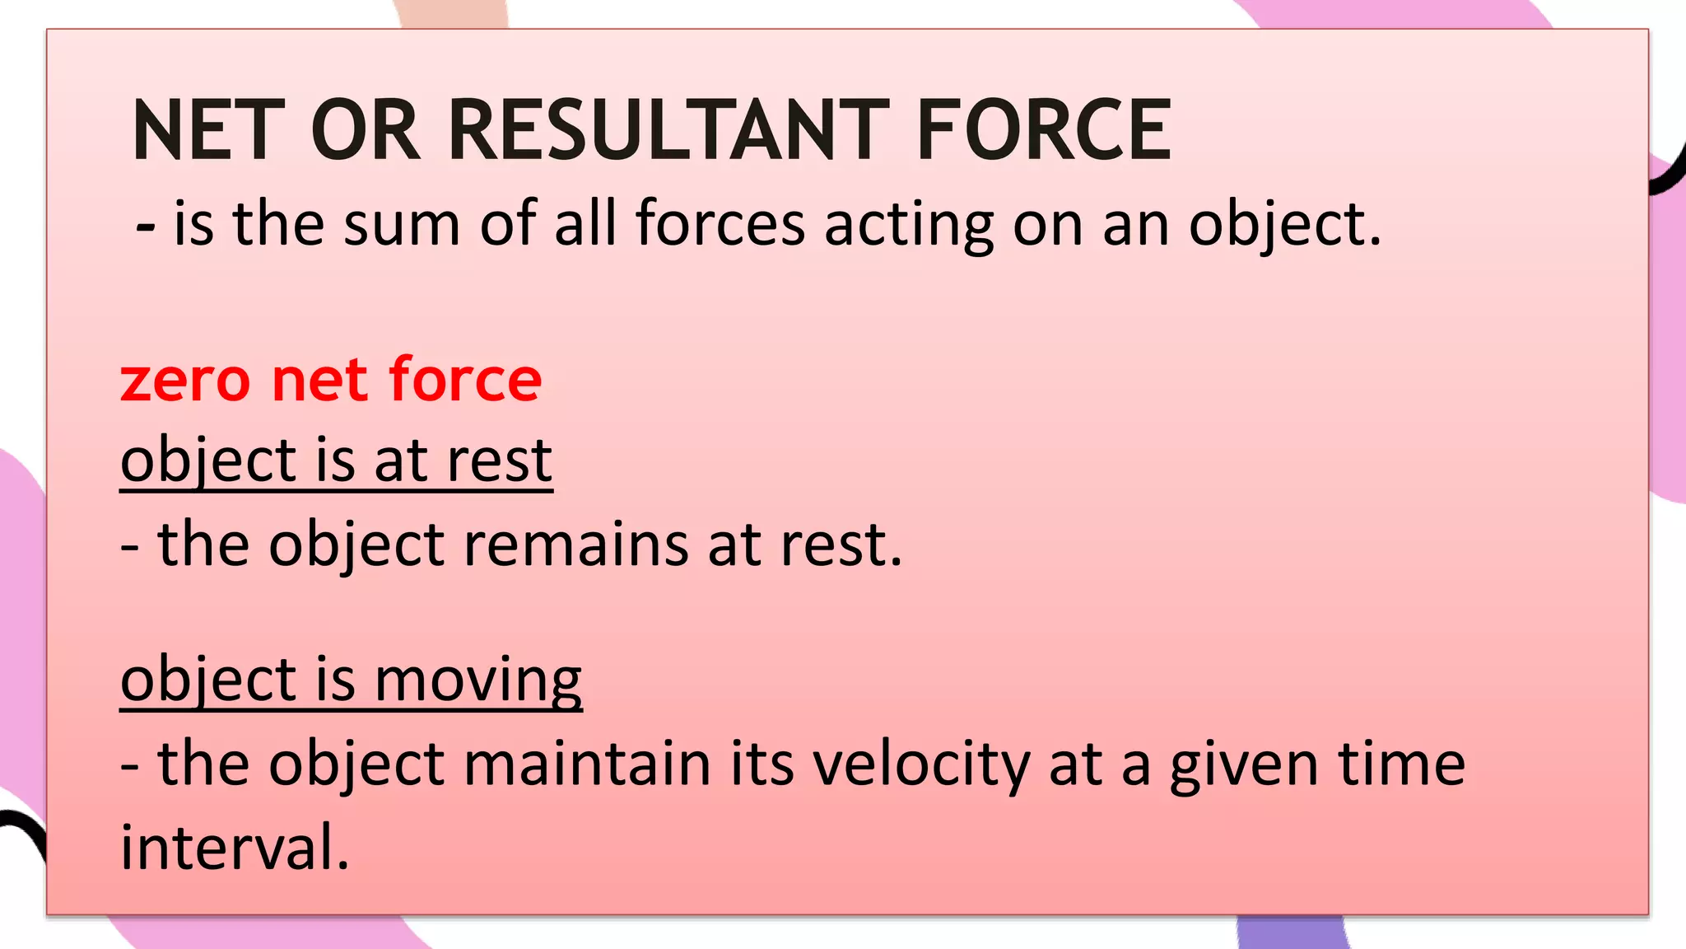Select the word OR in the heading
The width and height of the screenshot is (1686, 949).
[366, 130]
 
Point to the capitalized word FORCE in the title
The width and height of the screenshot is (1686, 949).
[1044, 130]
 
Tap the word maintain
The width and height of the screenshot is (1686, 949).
[587, 764]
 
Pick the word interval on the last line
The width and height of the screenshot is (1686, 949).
[235, 847]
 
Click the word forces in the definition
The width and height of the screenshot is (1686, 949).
[720, 224]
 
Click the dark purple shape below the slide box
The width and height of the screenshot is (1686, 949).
[1292, 933]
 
